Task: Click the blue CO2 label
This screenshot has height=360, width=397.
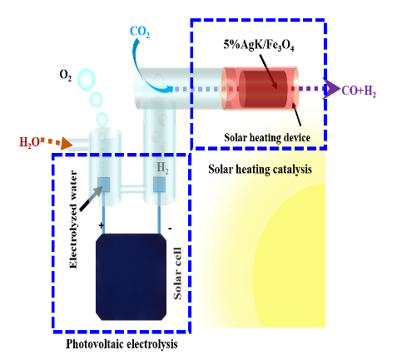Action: click(x=140, y=32)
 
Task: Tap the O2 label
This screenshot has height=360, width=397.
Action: click(x=66, y=76)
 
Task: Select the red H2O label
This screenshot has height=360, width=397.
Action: click(x=29, y=142)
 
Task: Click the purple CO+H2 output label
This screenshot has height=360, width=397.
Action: click(x=359, y=91)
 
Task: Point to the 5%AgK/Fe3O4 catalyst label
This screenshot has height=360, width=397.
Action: click(x=259, y=45)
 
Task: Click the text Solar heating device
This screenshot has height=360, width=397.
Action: click(x=267, y=137)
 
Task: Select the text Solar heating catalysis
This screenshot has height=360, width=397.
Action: click(x=260, y=169)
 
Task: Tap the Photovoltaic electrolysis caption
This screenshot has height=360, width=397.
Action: click(x=122, y=344)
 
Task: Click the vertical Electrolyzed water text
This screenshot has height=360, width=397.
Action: click(x=72, y=219)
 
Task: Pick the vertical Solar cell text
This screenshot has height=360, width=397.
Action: click(x=177, y=273)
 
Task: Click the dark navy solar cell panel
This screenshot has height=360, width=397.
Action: click(x=132, y=277)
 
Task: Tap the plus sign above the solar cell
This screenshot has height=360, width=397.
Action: click(x=102, y=225)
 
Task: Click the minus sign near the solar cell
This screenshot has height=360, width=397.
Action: click(x=170, y=229)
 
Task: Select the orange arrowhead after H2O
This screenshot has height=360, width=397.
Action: click(x=67, y=144)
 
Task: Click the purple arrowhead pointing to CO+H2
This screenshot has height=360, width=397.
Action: click(x=330, y=89)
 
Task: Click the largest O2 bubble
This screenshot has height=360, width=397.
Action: click(x=86, y=80)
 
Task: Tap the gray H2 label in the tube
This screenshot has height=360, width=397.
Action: click(x=162, y=168)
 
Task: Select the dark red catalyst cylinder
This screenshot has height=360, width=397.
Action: click(x=263, y=89)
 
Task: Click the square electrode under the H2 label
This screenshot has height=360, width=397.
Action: click(x=160, y=185)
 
